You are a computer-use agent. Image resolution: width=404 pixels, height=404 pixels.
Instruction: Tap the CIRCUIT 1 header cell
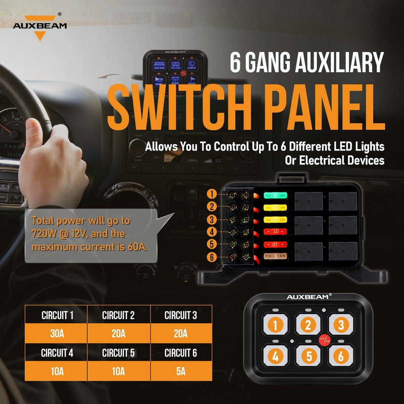(57, 316)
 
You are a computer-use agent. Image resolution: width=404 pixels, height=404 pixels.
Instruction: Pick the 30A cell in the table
(57, 334)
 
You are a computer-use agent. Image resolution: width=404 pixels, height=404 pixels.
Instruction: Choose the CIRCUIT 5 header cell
(119, 353)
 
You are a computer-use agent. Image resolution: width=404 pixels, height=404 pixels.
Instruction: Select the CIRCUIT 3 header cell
(181, 316)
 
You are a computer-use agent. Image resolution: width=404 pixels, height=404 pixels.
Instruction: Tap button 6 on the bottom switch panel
(341, 356)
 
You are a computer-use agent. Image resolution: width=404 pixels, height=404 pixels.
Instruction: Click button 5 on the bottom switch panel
(308, 356)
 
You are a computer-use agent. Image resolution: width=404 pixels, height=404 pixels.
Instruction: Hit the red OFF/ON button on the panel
(325, 340)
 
